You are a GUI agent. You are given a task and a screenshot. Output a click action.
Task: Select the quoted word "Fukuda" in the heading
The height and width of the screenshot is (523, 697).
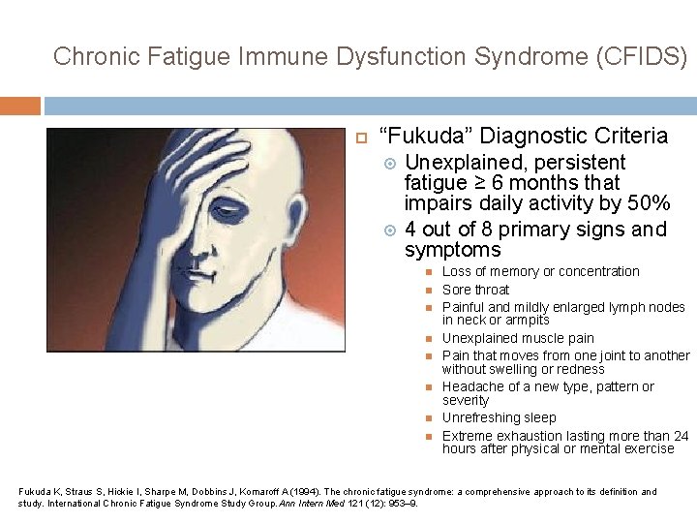[x=425, y=137]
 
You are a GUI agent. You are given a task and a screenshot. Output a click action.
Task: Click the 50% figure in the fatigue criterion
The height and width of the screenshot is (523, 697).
[x=649, y=203]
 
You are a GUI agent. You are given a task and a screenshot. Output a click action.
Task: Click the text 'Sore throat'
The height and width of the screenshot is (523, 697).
[x=475, y=290]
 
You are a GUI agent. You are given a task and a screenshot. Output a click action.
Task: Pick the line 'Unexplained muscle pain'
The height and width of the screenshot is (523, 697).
[x=518, y=338]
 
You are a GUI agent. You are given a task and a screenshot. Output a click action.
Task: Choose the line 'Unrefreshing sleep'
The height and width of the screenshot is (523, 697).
[x=499, y=417]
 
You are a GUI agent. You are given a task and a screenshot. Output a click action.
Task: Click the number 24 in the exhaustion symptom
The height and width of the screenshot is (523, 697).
[x=681, y=436]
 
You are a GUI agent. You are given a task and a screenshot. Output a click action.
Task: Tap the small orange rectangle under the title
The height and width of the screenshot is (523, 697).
[x=20, y=106]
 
